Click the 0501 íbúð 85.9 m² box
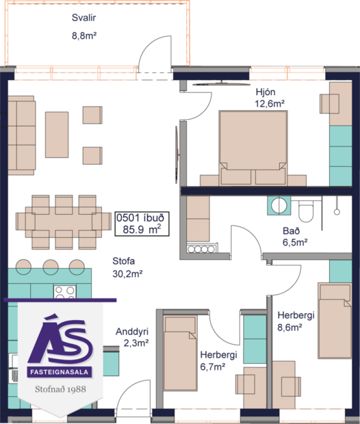tap(142, 223)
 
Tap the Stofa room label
tap(123, 261)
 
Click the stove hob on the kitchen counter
tap(64, 291)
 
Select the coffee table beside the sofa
tap(57, 134)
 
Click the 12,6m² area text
tap(269, 103)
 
